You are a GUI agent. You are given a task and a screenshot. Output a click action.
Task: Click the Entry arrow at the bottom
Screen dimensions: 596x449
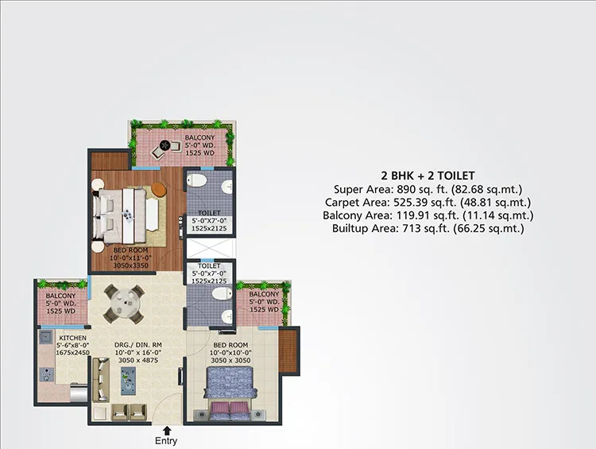click(167, 431)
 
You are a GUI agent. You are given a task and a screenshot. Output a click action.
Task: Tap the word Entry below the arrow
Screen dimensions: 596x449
click(166, 441)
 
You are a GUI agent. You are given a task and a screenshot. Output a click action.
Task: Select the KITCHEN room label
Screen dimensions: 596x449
click(72, 338)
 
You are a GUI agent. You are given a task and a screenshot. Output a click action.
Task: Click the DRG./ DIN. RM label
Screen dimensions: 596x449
click(138, 345)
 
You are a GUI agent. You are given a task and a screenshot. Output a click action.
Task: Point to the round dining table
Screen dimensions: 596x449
click(124, 304)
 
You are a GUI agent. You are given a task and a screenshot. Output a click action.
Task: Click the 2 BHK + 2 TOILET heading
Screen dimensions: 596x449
click(428, 176)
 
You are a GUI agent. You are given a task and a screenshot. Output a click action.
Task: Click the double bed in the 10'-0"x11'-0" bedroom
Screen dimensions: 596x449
click(120, 215)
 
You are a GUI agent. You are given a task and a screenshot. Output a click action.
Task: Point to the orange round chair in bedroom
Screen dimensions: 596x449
click(159, 190)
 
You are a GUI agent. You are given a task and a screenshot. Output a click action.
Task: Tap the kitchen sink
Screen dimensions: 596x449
click(46, 337)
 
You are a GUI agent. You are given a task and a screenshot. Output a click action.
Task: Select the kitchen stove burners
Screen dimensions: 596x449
click(46, 374)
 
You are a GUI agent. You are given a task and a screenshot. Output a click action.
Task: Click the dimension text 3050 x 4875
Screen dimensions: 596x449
click(138, 361)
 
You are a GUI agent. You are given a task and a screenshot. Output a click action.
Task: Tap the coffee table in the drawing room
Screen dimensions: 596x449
click(128, 381)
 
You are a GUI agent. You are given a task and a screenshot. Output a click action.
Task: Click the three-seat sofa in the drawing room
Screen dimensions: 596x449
click(101, 379)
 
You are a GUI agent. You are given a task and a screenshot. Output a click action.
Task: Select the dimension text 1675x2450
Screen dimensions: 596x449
click(72, 353)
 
